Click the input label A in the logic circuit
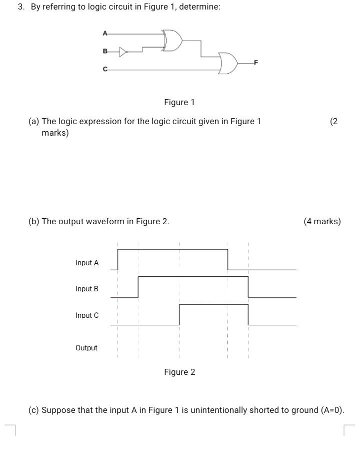105,34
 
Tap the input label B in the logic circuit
105,51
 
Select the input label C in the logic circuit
105,70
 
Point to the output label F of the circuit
256,63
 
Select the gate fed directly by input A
171,41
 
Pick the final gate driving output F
227,64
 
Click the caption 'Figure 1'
179,103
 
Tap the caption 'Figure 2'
179,372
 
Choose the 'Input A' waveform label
87,263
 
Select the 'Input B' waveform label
87,289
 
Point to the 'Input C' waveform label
87,315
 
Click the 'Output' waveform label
86,348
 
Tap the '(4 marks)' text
322,221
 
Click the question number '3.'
21,7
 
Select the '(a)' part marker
34,121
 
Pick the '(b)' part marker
34,221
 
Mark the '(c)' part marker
34,410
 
